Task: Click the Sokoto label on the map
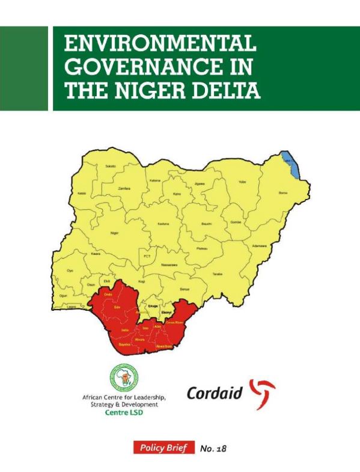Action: pyautogui.click(x=110, y=165)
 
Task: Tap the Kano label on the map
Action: pyautogui.click(x=176, y=195)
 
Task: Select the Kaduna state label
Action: pyautogui.click(x=163, y=224)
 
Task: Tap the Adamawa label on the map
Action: pyautogui.click(x=259, y=246)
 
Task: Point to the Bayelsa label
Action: pyautogui.click(x=125, y=345)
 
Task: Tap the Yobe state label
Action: pyautogui.click(x=243, y=181)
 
